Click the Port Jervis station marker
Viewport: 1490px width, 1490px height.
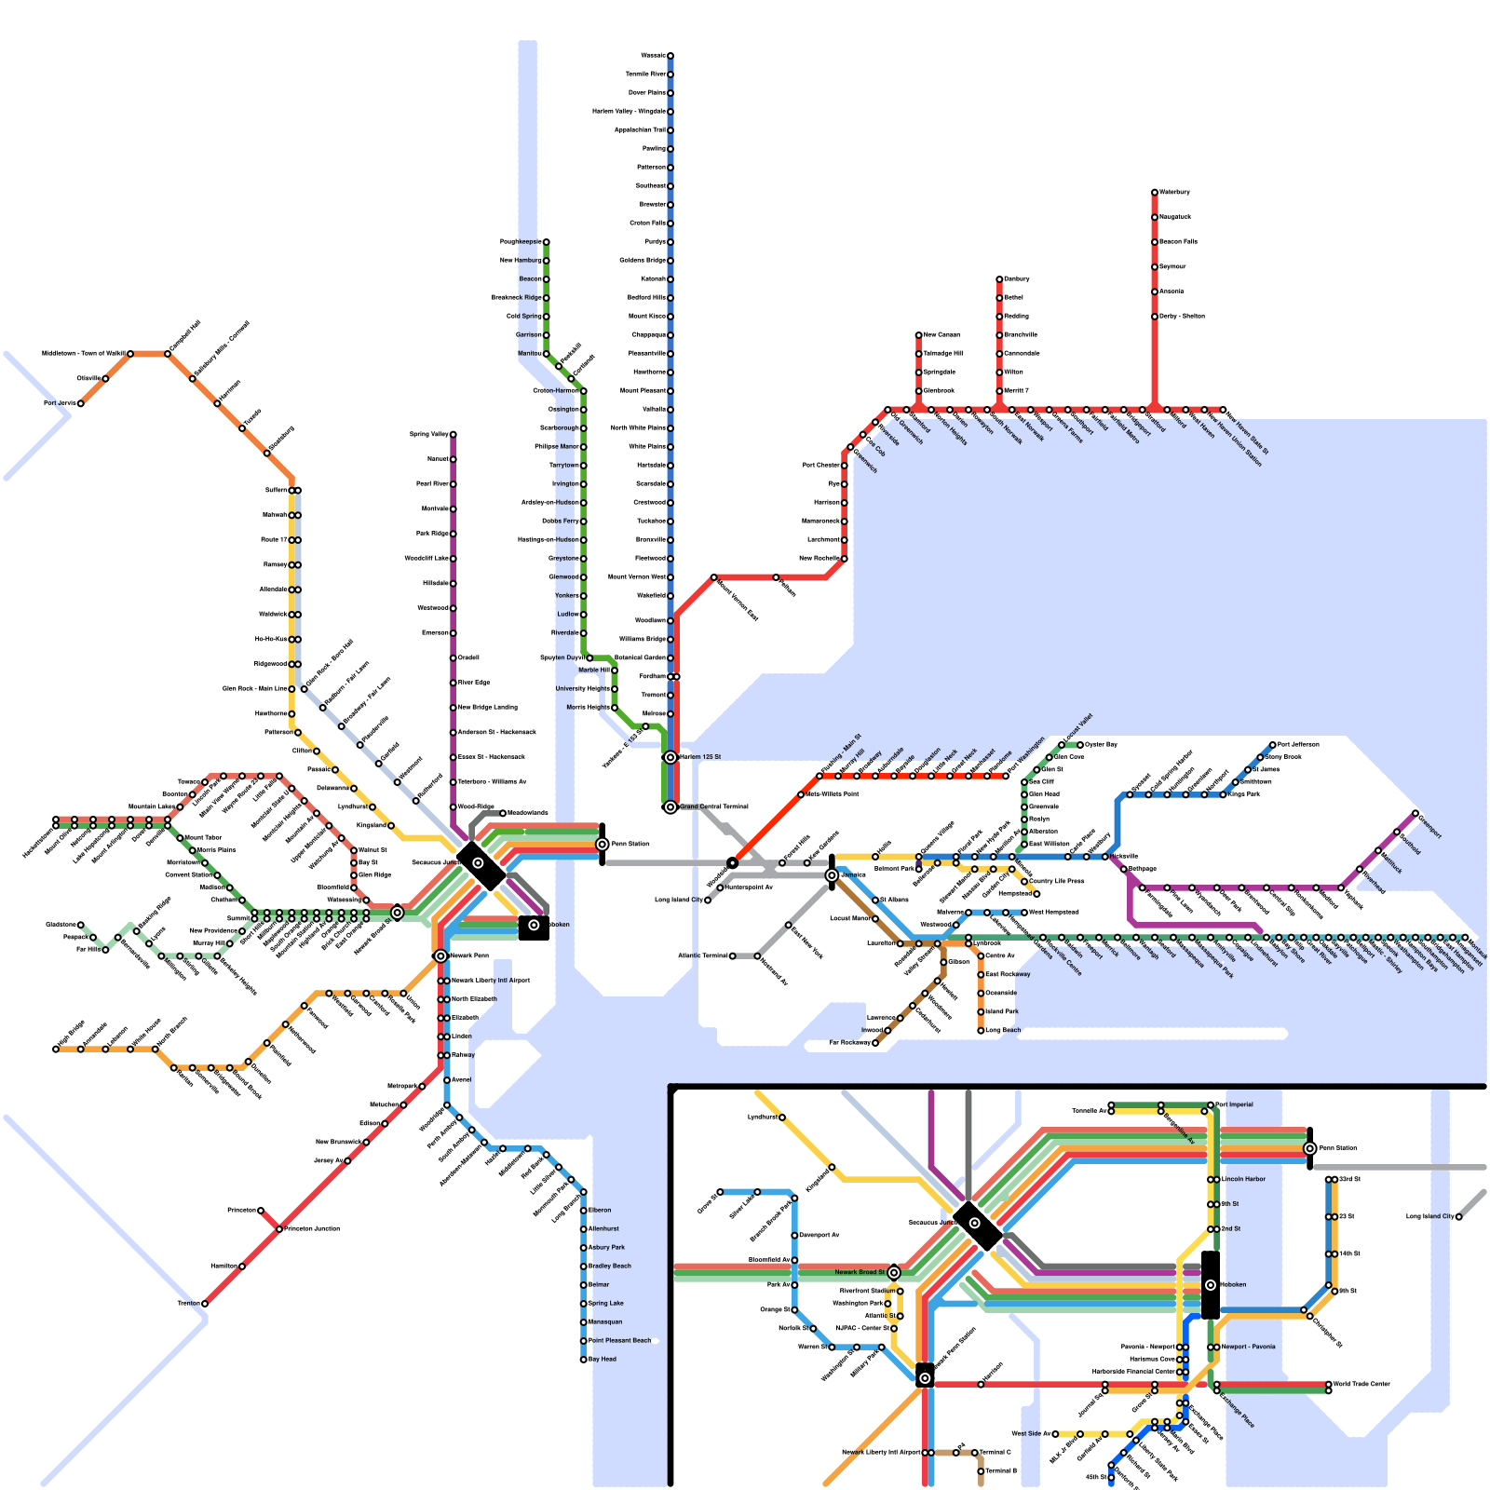[x=81, y=403]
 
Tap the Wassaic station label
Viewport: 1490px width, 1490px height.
[x=653, y=56]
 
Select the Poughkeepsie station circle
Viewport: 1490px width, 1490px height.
[x=547, y=242]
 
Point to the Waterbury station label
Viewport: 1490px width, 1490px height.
[x=1174, y=192]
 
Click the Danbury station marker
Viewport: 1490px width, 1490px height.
[x=999, y=279]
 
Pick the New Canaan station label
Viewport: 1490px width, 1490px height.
[x=941, y=335]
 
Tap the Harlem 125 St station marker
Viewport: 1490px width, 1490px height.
[x=670, y=757]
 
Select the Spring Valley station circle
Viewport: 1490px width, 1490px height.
[x=454, y=435]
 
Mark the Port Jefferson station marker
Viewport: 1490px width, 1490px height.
[x=1273, y=745]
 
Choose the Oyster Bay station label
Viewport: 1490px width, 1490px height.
[x=1101, y=745]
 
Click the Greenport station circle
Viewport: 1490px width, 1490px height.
[x=1415, y=814]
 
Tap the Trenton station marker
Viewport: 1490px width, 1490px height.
[x=205, y=1304]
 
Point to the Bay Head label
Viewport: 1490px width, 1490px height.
[x=603, y=1360]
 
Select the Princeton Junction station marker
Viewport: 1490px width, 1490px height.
[x=279, y=1229]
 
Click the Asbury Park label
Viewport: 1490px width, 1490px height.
[x=606, y=1248]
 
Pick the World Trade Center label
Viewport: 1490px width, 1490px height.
[x=1361, y=1384]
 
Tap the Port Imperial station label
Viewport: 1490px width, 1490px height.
[x=1235, y=1104]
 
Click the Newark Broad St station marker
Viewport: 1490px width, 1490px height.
[x=894, y=1272]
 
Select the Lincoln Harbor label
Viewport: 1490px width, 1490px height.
[x=1243, y=1179]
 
